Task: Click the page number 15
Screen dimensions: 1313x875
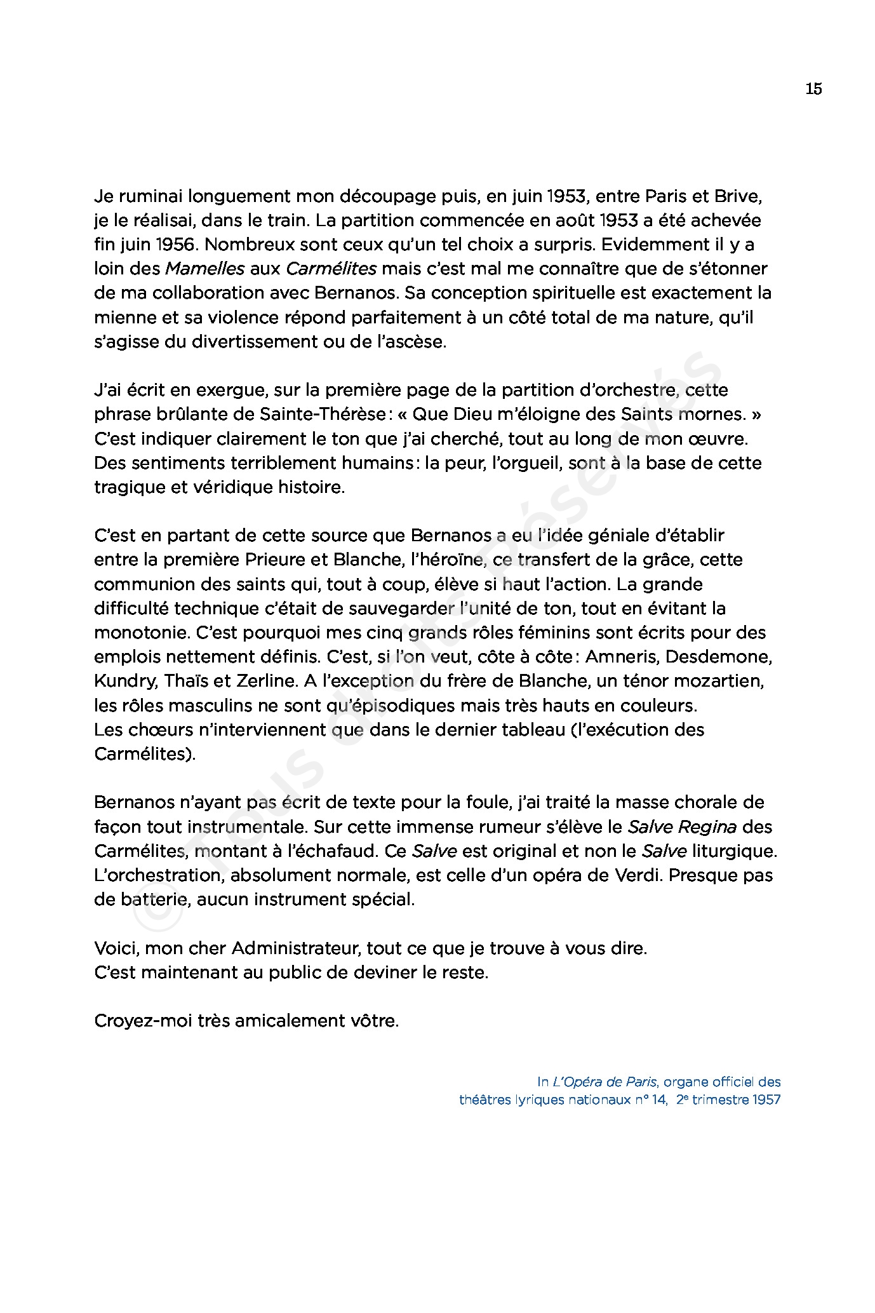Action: coord(813,89)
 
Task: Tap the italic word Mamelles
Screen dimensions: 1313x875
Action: coord(204,269)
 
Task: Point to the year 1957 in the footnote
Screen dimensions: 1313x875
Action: coord(766,1100)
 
